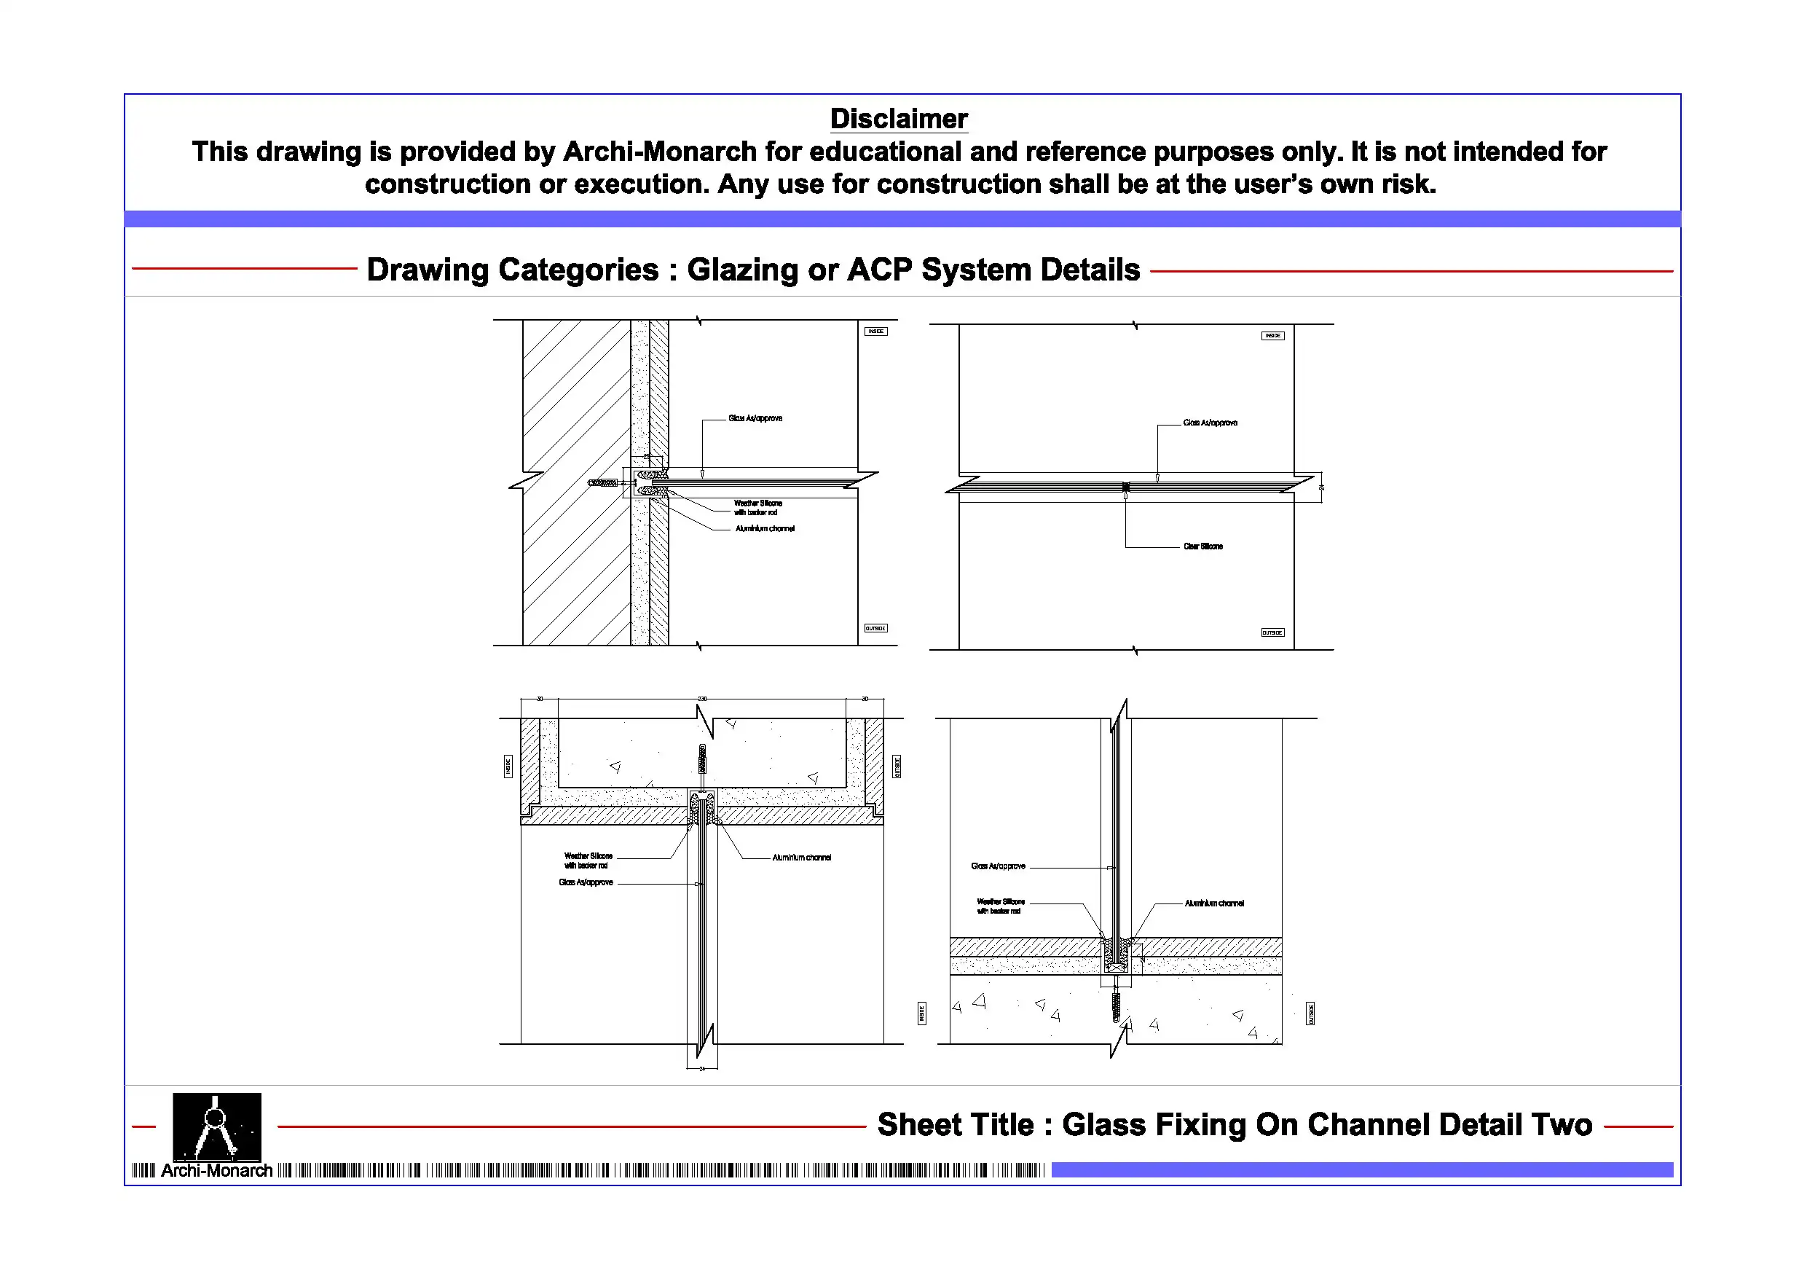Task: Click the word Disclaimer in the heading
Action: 898,119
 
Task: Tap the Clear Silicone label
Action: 1202,546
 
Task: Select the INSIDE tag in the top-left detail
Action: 876,332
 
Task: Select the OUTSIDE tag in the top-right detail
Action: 1272,632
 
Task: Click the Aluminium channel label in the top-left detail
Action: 765,529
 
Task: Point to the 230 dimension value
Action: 702,699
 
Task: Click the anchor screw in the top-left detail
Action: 605,482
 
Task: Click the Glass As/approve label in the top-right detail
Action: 1210,423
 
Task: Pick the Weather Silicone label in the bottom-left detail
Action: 588,860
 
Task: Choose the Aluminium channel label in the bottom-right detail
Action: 1214,903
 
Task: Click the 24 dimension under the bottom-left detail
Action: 702,1069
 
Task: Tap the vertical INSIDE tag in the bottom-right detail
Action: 921,1013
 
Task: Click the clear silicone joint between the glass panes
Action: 1125,487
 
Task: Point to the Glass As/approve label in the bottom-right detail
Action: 998,866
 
